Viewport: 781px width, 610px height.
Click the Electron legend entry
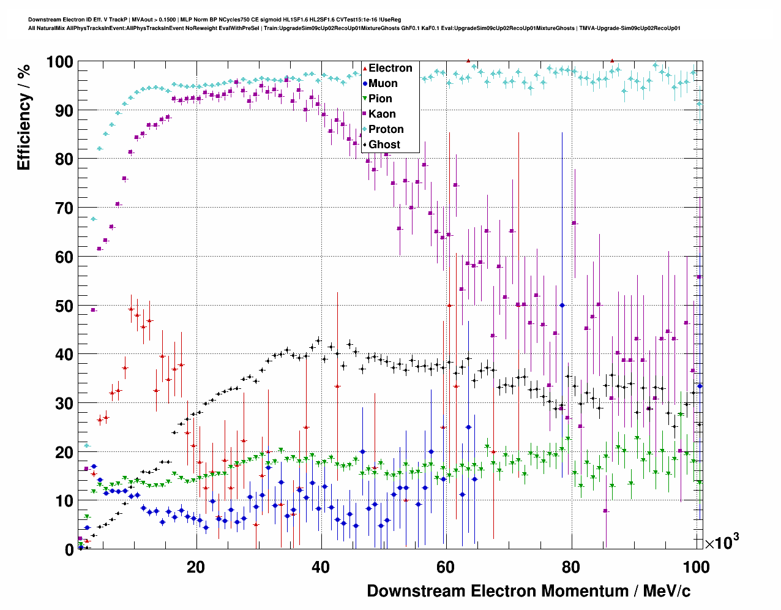coord(390,68)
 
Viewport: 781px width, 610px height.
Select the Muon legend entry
coord(383,83)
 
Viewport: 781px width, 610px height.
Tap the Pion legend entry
coord(380,99)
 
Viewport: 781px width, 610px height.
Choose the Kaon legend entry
coord(382,114)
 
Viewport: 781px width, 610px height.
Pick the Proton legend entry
coord(386,129)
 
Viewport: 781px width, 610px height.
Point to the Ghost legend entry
coord(384,145)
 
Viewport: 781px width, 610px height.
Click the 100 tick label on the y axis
coord(59,62)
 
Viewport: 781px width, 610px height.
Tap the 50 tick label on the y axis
coord(64,306)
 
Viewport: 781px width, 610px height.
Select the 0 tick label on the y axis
coord(69,549)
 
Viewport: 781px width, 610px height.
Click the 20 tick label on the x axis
coord(196,567)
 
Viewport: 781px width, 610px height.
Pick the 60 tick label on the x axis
coord(446,567)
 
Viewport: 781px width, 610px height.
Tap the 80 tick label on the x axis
coord(571,567)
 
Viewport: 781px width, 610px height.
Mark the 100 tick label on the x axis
coord(696,567)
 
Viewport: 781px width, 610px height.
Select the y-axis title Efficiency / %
coord(24,117)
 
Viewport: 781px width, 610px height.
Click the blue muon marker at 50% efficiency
coord(562,305)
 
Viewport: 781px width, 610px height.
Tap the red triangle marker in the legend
coord(365,69)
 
